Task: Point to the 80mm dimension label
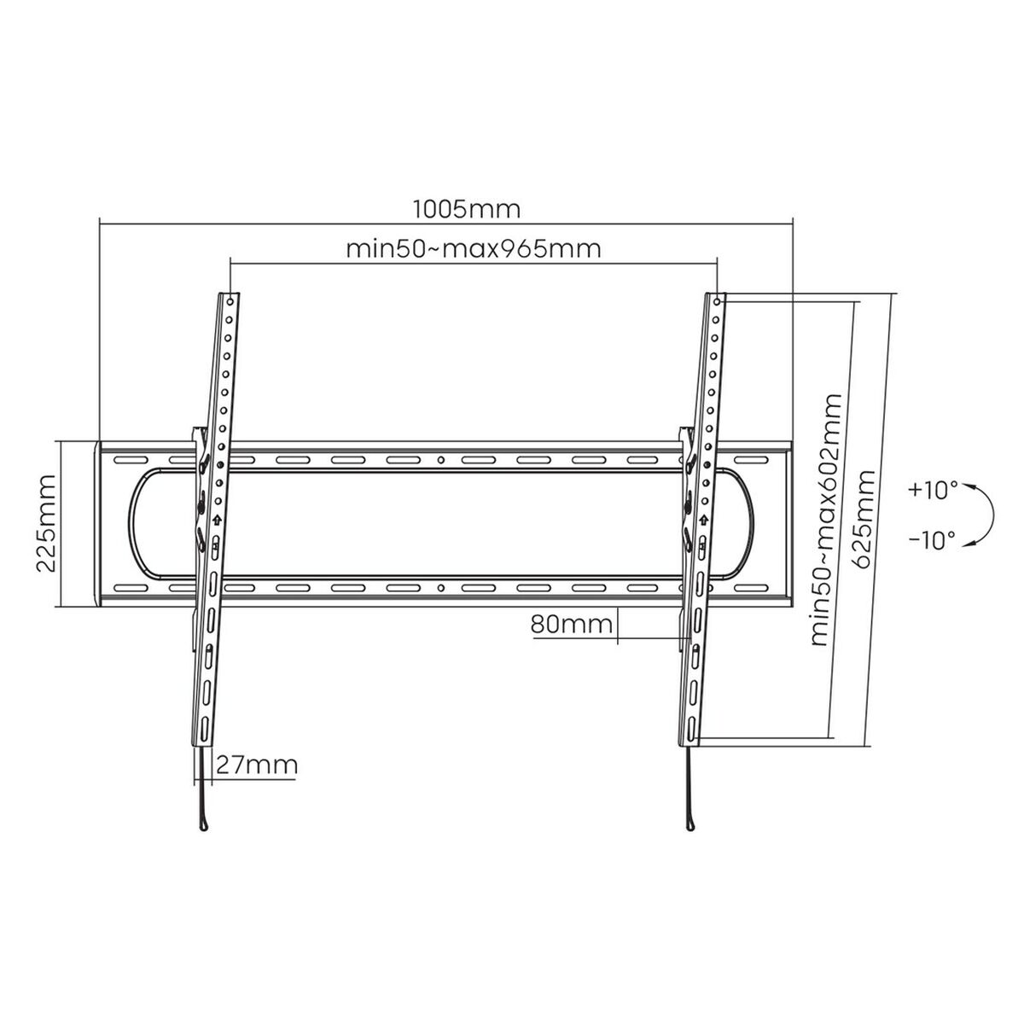[x=572, y=625]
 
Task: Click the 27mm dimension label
[x=255, y=764]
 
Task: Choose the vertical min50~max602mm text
[x=825, y=521]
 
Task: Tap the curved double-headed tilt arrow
[x=986, y=515]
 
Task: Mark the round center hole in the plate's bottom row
[x=441, y=588]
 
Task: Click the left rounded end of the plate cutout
[x=132, y=521]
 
